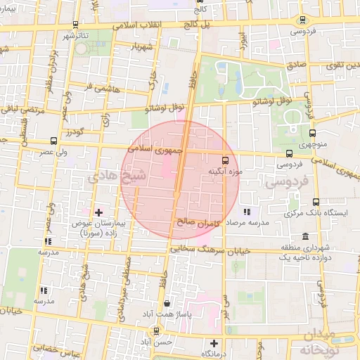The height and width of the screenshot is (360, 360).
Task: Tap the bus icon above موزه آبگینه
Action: pyautogui.click(x=225, y=160)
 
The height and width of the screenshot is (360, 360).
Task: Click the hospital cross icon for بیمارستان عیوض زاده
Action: pyautogui.click(x=98, y=212)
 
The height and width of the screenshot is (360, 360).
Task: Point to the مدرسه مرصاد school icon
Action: pyautogui.click(x=246, y=212)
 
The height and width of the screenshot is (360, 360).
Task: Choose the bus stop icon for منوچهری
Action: pyautogui.click(x=313, y=132)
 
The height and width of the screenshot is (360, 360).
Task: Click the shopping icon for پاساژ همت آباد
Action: pyautogui.click(x=167, y=304)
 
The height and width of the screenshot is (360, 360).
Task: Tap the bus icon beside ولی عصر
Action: pyautogui.click(x=55, y=141)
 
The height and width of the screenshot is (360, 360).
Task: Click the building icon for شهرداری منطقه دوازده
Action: pyautogui.click(x=304, y=237)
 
